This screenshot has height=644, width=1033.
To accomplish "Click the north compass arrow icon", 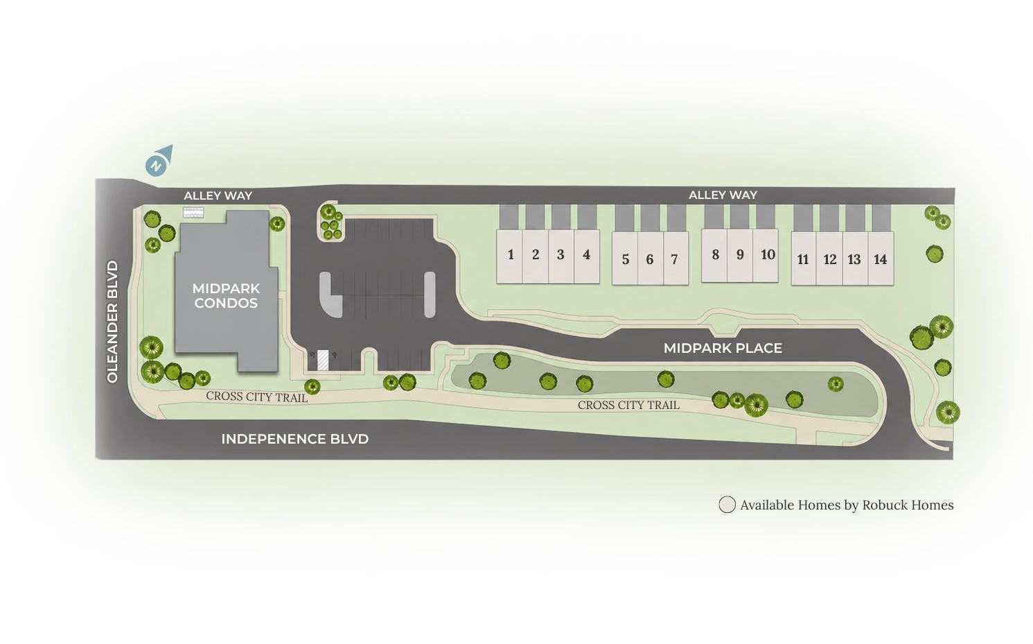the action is point(159,161).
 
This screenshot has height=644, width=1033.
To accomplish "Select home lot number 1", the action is point(510,256).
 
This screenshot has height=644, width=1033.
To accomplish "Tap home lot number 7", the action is point(676,259).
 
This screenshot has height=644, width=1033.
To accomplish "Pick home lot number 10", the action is point(766,255).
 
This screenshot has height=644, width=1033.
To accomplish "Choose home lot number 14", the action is point(881,259).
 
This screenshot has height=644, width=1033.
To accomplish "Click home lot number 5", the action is point(625,259).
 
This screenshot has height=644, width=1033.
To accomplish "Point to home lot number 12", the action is point(829,259).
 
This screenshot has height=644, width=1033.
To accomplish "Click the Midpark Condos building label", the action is point(226,296).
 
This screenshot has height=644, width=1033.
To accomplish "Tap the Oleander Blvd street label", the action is point(112,322).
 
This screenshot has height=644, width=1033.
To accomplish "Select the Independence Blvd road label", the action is point(295,439).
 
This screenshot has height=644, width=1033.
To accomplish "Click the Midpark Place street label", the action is point(723,348).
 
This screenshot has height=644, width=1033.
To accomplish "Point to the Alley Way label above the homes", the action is point(723,195).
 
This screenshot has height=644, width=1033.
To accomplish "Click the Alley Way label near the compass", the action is point(218,195).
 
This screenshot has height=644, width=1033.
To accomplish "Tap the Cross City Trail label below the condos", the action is point(257,397).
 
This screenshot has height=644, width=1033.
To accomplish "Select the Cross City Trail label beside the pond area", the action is point(628,405).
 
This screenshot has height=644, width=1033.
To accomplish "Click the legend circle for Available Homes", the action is point(727,504).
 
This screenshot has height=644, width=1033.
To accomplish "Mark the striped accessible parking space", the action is point(323,360).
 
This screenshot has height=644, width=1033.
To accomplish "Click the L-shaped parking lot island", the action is point(330,295).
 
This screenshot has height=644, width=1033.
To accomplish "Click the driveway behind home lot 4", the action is point(587,217).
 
